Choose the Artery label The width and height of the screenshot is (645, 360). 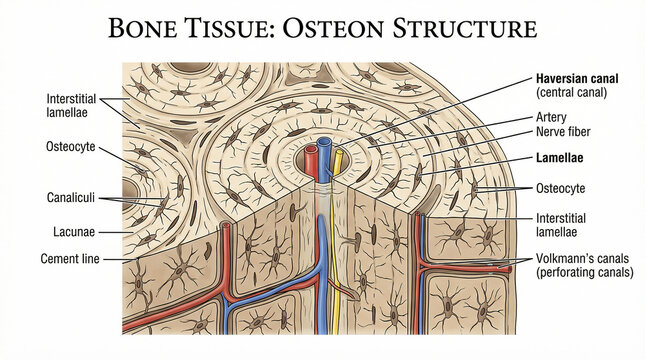tap(552, 117)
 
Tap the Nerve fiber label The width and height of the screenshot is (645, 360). tap(565, 132)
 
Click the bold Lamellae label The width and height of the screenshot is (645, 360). tap(561, 158)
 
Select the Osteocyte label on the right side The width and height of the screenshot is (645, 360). tap(561, 188)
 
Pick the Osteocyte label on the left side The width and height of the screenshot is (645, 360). tap(71, 147)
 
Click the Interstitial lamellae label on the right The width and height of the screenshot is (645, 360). tap(563, 225)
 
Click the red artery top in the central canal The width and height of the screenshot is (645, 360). tap(312, 152)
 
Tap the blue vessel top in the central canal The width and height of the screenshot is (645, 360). tap(326, 148)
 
